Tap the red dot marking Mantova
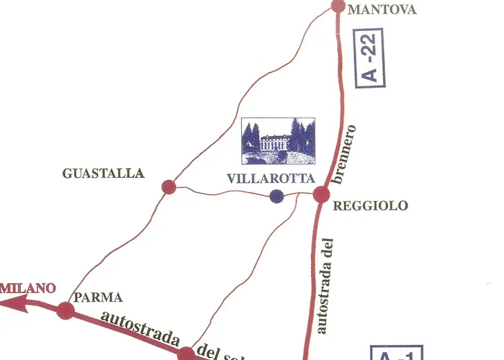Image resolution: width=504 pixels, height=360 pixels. [338, 6]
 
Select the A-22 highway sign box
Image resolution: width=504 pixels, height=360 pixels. [370, 59]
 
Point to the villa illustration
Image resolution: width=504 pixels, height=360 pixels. [277, 141]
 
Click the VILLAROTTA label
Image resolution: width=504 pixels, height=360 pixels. [260, 180]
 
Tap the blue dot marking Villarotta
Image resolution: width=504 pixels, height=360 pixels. [276, 196]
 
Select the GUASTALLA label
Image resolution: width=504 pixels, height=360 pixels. [104, 174]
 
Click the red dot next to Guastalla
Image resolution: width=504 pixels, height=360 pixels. [168, 187]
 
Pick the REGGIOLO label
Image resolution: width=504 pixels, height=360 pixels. [372, 206]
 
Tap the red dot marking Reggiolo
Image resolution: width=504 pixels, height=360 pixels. [321, 194]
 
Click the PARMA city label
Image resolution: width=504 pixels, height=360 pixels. [98, 297]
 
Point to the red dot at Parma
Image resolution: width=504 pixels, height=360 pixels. [66, 311]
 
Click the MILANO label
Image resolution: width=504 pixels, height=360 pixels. [28, 289]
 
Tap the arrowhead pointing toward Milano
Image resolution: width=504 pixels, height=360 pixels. [9, 303]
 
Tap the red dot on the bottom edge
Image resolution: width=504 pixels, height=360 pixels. [186, 354]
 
